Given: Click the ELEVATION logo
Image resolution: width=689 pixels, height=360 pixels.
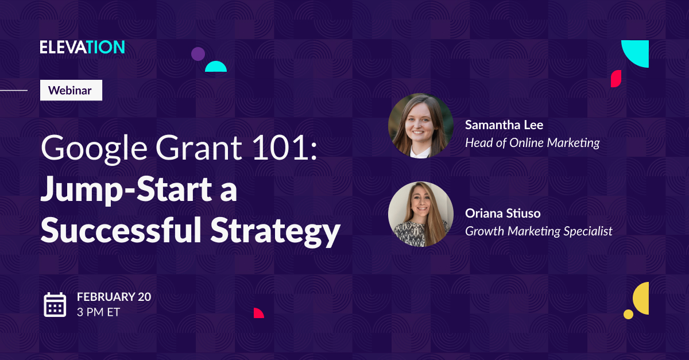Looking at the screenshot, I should pyautogui.click(x=82, y=48).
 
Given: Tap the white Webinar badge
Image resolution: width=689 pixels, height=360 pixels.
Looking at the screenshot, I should pyautogui.click(x=71, y=90).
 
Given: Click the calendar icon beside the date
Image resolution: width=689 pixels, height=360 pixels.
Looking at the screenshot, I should pyautogui.click(x=55, y=304).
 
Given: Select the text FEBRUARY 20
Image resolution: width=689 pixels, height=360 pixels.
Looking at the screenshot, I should pyautogui.click(x=114, y=297).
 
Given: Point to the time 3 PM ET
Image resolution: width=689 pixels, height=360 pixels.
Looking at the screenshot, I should pyautogui.click(x=98, y=312).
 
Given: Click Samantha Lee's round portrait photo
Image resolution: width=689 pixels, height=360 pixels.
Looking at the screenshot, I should pyautogui.click(x=421, y=126).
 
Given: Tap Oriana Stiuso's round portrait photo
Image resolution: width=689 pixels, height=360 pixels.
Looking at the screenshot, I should pyautogui.click(x=421, y=214).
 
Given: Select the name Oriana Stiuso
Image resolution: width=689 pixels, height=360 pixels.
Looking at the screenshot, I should pyautogui.click(x=502, y=214).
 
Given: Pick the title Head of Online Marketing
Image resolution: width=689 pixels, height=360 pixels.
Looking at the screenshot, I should pyautogui.click(x=532, y=143).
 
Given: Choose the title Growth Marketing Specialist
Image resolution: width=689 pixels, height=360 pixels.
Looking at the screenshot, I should pyautogui.click(x=538, y=231).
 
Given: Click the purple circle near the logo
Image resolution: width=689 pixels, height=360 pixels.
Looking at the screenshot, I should pyautogui.click(x=198, y=54).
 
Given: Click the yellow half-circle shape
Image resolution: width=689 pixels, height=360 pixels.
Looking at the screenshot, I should pyautogui.click(x=642, y=298).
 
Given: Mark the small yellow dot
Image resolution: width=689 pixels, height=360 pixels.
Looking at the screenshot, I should pyautogui.click(x=628, y=314).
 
